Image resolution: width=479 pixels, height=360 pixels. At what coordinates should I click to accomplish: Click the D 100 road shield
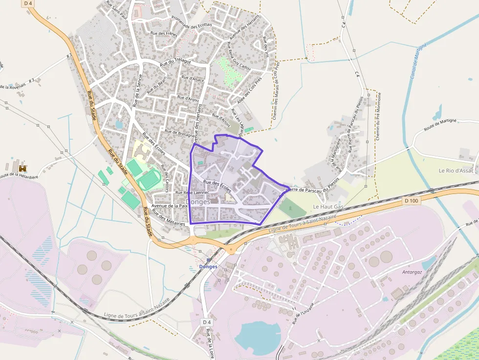(412, 201)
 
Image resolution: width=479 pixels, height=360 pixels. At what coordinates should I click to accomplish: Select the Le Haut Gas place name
(328, 207)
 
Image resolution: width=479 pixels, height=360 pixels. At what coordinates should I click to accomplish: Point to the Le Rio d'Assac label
(456, 170)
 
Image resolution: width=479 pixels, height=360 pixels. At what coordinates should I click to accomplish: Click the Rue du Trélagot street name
(175, 62)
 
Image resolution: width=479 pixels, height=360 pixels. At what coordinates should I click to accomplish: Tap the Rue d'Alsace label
(193, 78)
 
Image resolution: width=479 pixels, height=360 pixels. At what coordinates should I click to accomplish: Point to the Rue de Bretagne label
(179, 133)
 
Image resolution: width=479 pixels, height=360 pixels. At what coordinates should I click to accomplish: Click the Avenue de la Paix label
(170, 206)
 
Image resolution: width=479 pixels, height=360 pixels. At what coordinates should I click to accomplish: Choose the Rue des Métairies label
(169, 217)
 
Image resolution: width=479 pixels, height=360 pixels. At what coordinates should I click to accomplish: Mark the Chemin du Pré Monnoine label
(378, 117)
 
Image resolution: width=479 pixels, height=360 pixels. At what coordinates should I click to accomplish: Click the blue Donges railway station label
(208, 267)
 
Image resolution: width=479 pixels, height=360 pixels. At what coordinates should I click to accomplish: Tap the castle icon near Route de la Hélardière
(22, 168)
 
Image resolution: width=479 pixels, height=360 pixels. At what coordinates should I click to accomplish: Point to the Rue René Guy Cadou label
(239, 56)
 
